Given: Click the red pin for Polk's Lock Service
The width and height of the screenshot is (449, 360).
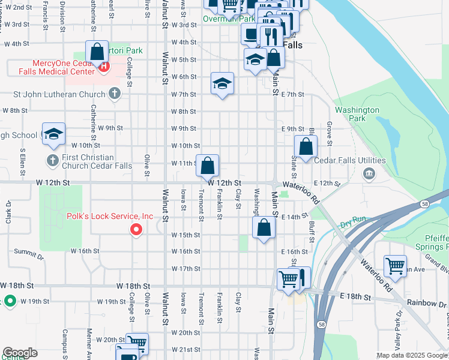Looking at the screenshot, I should pos(136,229).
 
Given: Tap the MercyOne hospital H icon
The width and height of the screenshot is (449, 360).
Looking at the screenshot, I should pos(104,67).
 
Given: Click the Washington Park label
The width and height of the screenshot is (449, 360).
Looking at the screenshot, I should pos(357,114).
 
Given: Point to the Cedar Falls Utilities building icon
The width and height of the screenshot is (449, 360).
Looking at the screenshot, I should pos(369,173).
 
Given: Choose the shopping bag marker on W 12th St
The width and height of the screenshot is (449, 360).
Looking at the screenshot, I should pos(207,166).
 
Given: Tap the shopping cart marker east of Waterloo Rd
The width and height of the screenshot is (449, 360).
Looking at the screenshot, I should pos(395,265).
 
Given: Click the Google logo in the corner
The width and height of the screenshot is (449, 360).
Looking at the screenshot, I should pos(20,353).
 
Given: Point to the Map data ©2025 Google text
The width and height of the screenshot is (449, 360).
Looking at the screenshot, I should pos(411,355).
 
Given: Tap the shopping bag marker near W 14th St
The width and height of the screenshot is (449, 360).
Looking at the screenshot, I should pos(264,227).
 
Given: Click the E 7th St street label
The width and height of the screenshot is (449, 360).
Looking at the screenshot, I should pos(293,95).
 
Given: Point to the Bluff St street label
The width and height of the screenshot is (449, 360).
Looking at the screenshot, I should pos(312,227).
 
